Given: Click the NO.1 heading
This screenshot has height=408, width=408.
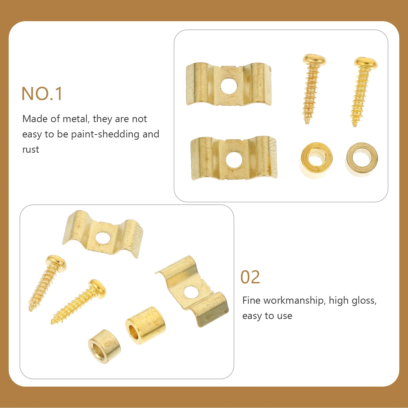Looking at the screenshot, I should pyautogui.click(x=42, y=94).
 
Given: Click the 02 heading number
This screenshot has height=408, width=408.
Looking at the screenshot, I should pyautogui.click(x=250, y=277).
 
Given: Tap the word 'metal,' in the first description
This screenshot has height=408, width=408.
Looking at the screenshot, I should pyautogui.click(x=76, y=119).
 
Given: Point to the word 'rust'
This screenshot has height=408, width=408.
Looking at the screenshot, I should pyautogui.click(x=31, y=150).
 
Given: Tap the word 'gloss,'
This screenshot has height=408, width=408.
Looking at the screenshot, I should pyautogui.click(x=364, y=301).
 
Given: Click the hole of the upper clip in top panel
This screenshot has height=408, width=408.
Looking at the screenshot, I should pyautogui.click(x=229, y=86).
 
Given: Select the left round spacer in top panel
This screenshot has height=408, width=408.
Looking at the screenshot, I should pyautogui.click(x=316, y=160).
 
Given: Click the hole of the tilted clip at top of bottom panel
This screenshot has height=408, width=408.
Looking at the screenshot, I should pyautogui.click(x=103, y=238).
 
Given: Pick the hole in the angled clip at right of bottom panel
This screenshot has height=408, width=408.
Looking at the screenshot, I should pyautogui.click(x=191, y=292).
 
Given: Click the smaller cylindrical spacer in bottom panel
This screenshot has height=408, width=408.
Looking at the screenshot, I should pyautogui.click(x=104, y=346).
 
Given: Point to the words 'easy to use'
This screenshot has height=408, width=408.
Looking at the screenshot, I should pyautogui.click(x=267, y=316).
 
